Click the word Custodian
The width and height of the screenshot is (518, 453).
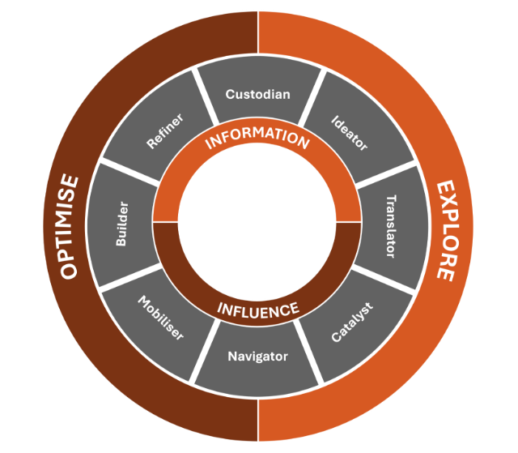(257, 94)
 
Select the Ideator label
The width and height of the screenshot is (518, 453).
(350, 132)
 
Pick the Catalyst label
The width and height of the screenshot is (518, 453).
(350, 323)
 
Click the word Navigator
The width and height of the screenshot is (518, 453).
(257, 356)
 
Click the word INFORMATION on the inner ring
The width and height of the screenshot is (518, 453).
(257, 139)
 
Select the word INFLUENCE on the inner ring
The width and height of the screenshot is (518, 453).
(258, 309)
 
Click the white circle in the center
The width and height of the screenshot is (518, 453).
(257, 223)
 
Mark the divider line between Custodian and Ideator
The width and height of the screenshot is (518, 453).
(312, 94)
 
